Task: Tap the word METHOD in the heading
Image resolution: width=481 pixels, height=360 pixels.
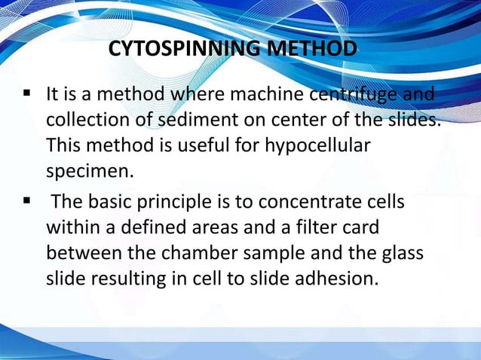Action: pos(307,50)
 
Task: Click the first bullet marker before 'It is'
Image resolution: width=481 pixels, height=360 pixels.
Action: pos(27,95)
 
